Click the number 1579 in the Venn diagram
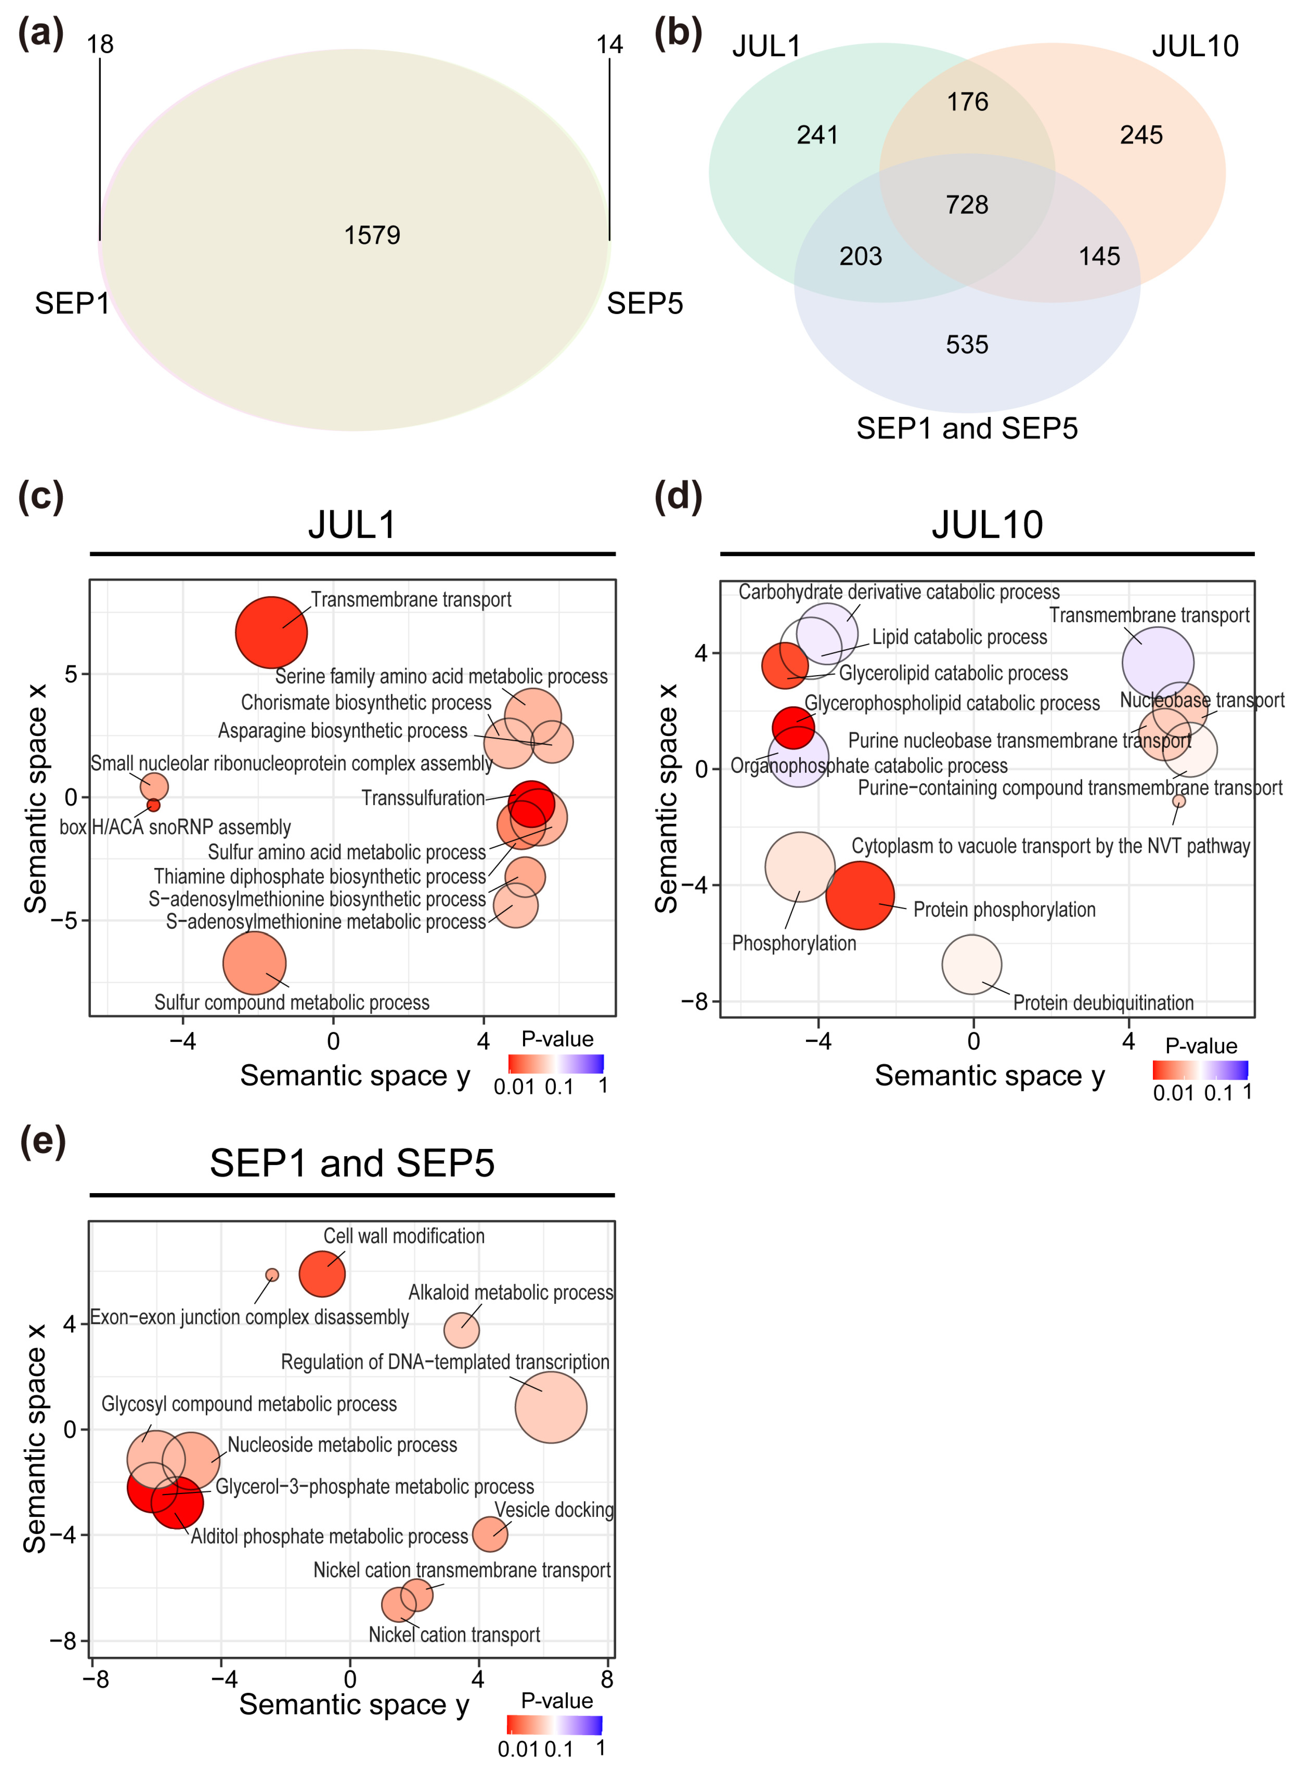(x=372, y=235)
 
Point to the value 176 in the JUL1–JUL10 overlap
(x=967, y=102)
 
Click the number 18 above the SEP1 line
(x=100, y=45)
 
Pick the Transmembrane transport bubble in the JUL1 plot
(x=271, y=632)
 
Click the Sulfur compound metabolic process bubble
(x=254, y=963)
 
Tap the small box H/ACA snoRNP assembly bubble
(x=153, y=805)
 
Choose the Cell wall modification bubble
(x=321, y=1273)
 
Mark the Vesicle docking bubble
(x=490, y=1534)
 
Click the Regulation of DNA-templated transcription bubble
(x=550, y=1407)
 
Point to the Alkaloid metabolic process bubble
(x=461, y=1330)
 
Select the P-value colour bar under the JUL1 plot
(x=556, y=1064)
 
